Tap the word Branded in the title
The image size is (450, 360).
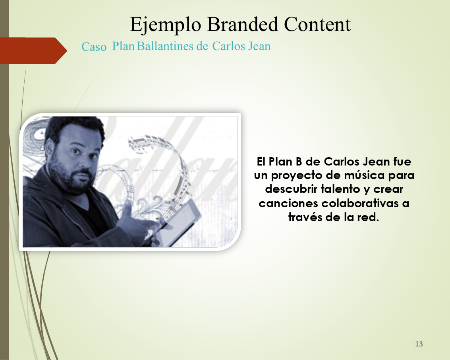[x=243, y=24]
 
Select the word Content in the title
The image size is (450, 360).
[x=317, y=24]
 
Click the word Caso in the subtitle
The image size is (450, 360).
[x=94, y=47]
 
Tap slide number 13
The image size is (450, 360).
[x=419, y=344]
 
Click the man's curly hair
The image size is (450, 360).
[x=75, y=126]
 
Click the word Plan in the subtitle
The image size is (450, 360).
[x=124, y=46]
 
